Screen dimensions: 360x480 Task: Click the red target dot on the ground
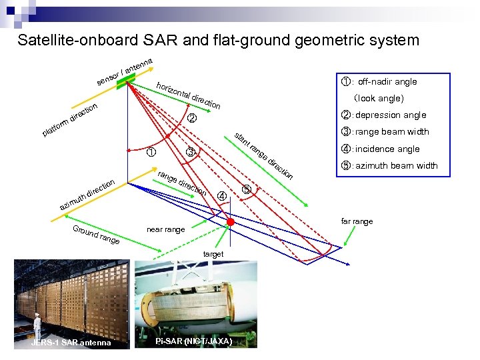[x=231, y=221]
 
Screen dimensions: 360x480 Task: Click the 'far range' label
[x=357, y=221]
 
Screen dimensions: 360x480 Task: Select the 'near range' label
[x=165, y=230]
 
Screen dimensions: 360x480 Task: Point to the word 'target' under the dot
[x=213, y=254]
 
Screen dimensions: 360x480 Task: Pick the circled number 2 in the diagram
[x=192, y=119]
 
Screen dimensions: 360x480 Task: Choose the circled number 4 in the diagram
[x=222, y=195]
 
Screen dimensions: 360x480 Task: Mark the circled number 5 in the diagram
[x=247, y=189]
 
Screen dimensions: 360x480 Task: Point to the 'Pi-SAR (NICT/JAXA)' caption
[x=193, y=341]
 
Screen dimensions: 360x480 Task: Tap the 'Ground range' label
[x=96, y=235]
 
